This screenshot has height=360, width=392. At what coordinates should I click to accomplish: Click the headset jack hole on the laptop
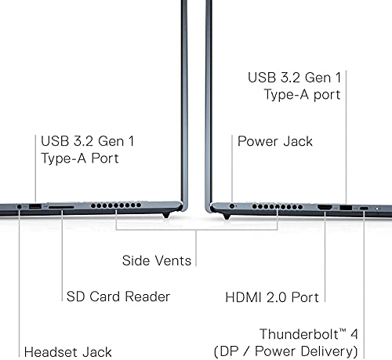click(19, 206)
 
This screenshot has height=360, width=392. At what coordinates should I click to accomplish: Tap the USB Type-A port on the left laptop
click(35, 206)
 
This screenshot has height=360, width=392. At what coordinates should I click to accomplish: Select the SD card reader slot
click(61, 207)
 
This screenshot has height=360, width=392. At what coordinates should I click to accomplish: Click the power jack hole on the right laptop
click(231, 206)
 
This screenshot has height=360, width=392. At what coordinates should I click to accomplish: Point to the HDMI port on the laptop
click(325, 208)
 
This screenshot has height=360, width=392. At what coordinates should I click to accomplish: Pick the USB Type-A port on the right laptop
click(346, 208)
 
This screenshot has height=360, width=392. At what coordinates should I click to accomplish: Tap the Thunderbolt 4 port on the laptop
click(364, 209)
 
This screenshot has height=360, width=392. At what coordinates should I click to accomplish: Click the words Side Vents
click(157, 260)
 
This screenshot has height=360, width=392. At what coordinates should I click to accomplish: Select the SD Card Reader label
click(118, 296)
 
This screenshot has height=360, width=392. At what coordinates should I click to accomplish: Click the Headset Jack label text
click(67, 352)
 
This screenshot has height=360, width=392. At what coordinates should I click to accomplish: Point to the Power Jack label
click(275, 141)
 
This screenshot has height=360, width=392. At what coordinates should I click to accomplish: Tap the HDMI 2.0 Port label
click(272, 297)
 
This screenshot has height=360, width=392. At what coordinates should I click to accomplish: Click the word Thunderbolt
click(299, 334)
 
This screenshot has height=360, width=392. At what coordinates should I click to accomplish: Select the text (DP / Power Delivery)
click(285, 351)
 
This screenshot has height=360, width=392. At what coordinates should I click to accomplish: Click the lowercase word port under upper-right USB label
click(327, 95)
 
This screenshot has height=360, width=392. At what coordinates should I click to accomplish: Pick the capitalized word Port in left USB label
click(105, 158)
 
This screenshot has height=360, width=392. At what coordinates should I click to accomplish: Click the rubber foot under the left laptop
click(165, 215)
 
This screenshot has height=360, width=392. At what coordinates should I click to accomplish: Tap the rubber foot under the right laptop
click(227, 216)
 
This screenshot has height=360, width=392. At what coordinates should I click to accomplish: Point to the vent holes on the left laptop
click(116, 205)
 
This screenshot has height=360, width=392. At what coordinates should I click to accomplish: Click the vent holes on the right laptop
click(278, 207)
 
